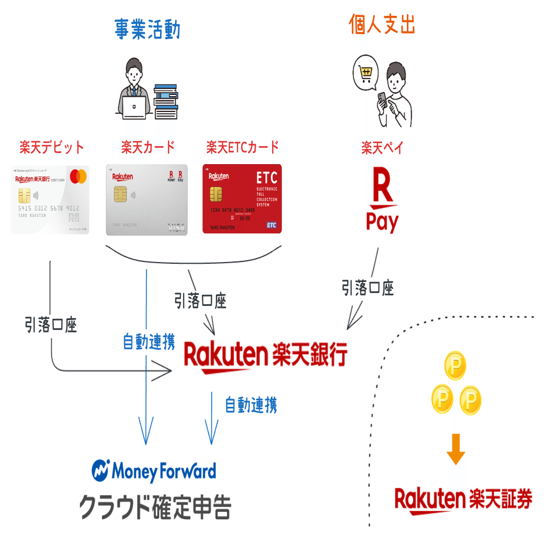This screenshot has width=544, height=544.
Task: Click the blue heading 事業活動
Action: click(x=147, y=29)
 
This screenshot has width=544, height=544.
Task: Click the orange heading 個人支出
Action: click(x=382, y=24)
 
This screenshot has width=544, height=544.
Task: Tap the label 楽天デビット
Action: click(x=52, y=148)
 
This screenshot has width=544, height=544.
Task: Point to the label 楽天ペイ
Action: click(x=382, y=148)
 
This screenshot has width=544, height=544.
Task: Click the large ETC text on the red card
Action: click(x=267, y=178)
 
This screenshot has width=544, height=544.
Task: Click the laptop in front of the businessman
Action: click(x=135, y=107)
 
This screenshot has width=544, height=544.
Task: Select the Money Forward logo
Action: click(x=154, y=471)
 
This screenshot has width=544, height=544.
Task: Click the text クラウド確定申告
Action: click(x=155, y=506)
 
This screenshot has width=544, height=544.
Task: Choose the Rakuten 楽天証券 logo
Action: click(x=463, y=500)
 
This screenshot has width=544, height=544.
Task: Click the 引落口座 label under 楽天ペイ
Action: click(x=368, y=288)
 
